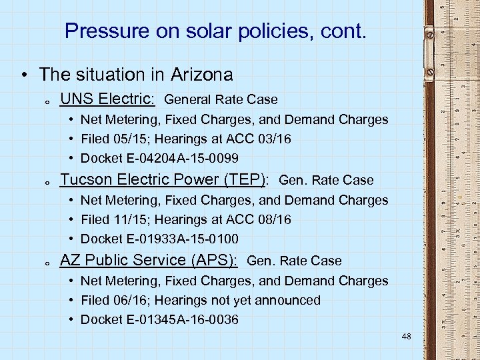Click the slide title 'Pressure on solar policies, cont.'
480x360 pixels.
coord(215,31)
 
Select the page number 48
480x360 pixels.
coord(407,337)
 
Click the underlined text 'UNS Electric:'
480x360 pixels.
coord(107,99)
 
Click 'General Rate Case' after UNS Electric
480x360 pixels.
coord(221,100)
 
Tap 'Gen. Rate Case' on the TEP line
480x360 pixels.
coord(326,181)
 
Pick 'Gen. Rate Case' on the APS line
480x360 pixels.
coord(294,261)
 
